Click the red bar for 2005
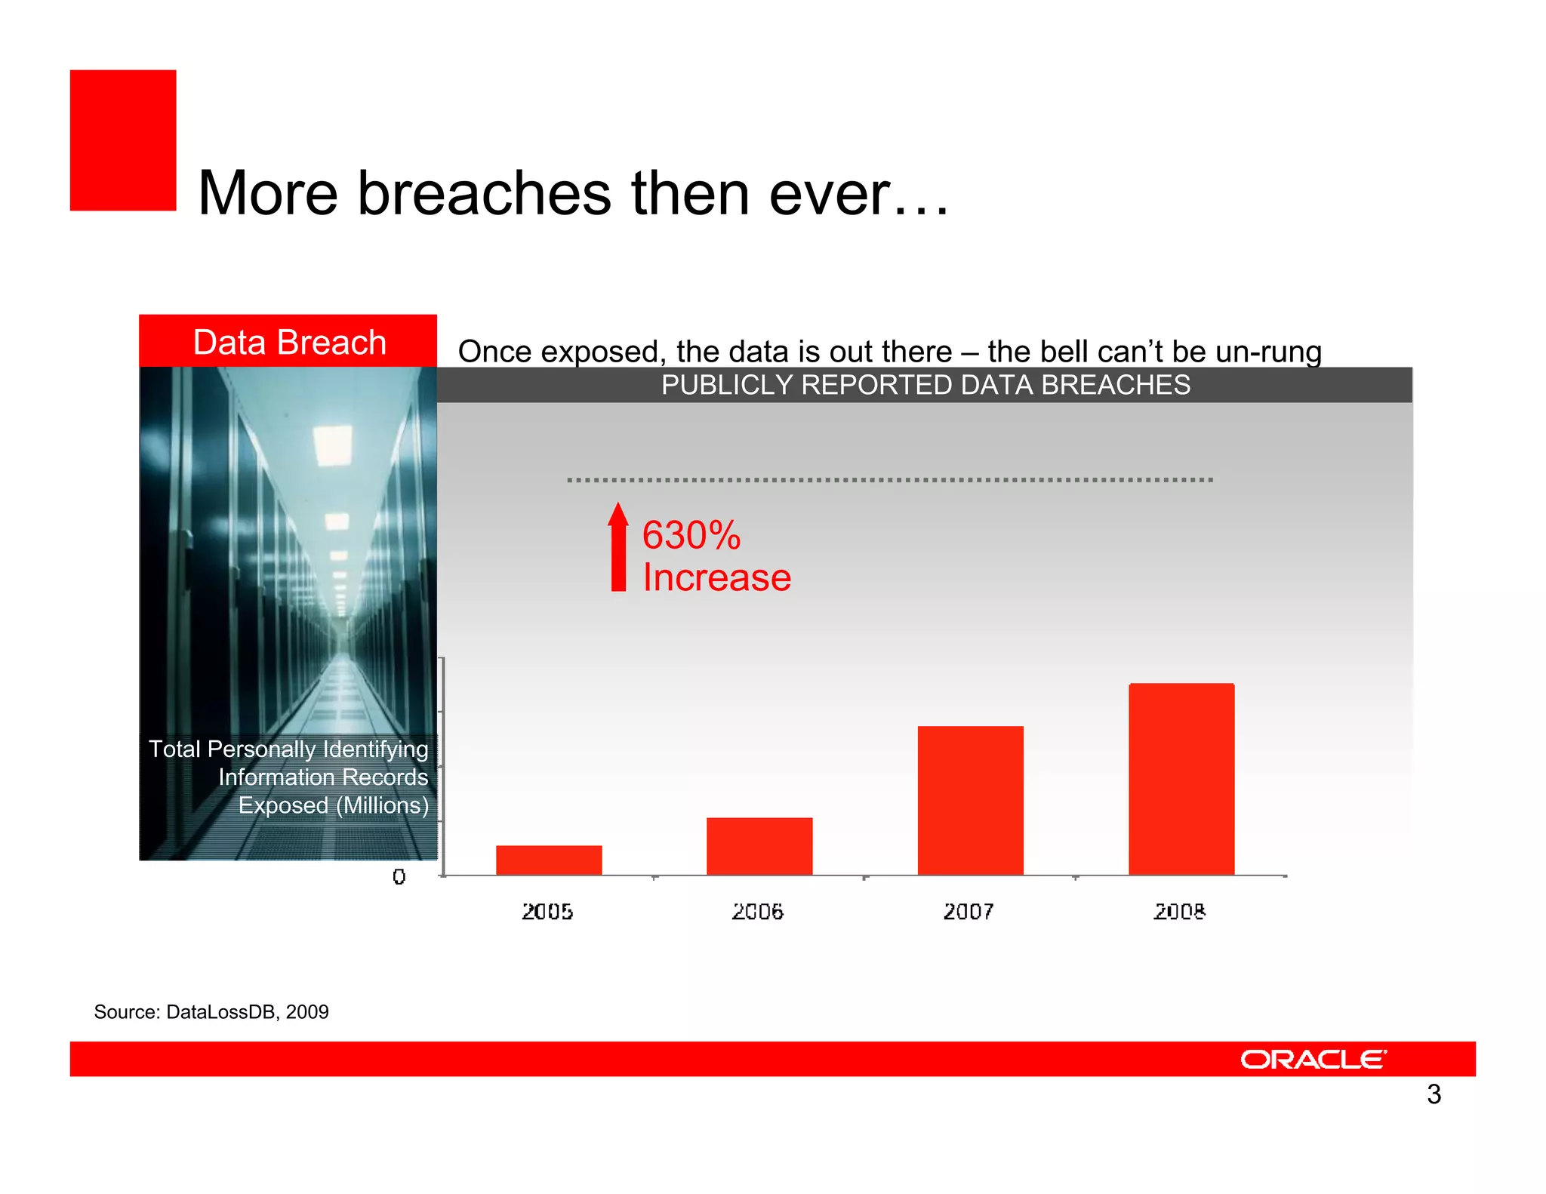pos(549,860)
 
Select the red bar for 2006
pos(759,846)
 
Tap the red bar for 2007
pos(970,800)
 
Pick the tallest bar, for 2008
pos(1181,779)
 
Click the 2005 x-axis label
pos(547,912)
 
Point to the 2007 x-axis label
pos(969,912)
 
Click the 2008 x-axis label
pos(1179,912)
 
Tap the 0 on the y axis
pos(399,876)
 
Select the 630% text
pos(691,535)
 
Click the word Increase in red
pos(716,578)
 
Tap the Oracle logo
pos(1313,1059)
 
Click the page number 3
pos(1434,1094)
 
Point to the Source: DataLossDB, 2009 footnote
pos(211,1012)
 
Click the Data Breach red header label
pos(289,342)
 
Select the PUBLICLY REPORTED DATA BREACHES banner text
pos(925,385)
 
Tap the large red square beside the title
pos(123,140)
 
